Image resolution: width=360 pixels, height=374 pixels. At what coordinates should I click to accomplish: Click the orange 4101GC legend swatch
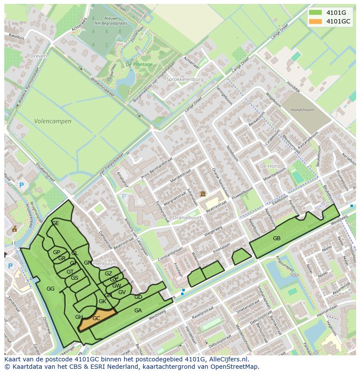tap(316, 21)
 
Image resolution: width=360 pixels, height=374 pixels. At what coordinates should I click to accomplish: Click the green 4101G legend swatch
tap(316, 13)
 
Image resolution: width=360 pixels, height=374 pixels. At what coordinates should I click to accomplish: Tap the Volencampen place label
tap(53, 121)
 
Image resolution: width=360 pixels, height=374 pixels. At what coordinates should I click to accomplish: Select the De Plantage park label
tap(139, 64)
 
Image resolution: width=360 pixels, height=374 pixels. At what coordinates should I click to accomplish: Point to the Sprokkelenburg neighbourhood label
tap(185, 79)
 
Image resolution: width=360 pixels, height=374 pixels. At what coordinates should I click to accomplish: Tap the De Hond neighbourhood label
tap(270, 166)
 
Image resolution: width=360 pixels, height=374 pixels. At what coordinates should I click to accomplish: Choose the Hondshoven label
tap(302, 110)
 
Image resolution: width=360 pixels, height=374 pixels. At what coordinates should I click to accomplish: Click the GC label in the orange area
tap(97, 318)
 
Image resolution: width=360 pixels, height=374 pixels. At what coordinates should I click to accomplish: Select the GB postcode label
tap(277, 238)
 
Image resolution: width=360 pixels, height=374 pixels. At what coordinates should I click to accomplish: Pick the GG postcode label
tap(50, 288)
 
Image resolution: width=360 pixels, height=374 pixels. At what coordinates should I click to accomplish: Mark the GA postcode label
tap(138, 310)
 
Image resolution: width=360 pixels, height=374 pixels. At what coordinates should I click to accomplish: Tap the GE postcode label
tap(55, 223)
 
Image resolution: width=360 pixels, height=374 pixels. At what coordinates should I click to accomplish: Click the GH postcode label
tap(79, 317)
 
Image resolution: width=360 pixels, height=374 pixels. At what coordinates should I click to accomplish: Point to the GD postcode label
tap(138, 297)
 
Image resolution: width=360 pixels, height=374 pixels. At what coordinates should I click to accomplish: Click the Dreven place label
tap(38, 56)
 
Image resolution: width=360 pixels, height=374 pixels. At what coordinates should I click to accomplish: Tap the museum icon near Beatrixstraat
tap(202, 194)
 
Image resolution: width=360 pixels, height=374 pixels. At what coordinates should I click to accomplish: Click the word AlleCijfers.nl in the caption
tap(227, 359)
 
